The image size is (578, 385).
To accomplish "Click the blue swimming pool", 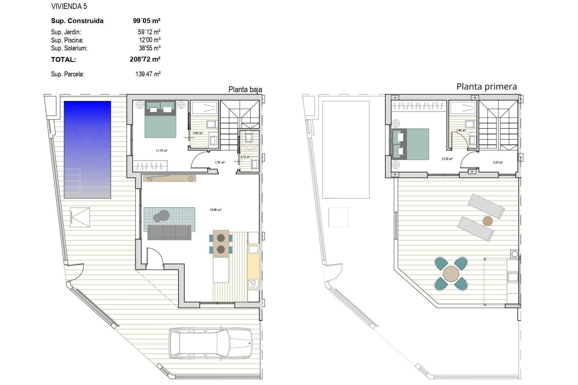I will tap(87, 149).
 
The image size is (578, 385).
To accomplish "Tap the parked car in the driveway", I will tap(210, 343).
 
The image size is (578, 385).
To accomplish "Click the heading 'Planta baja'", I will tap(245, 89).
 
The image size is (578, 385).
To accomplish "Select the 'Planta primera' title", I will tap(486, 87).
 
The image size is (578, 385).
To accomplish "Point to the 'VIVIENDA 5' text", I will tap(69, 6).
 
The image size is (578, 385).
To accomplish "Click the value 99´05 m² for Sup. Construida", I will tap(147, 21).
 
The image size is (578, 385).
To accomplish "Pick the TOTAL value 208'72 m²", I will tap(145, 59).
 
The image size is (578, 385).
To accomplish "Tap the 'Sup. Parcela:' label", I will tap(68, 74).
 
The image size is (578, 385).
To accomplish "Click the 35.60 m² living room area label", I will tap(216, 210).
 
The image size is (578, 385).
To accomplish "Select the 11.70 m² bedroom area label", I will tap(162, 151).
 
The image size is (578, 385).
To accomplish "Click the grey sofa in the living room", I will tap(169, 233).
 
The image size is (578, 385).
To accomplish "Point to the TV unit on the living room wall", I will tap(169, 178).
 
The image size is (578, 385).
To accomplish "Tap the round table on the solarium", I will tap(451, 274).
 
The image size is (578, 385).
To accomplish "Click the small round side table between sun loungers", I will tap(488, 221).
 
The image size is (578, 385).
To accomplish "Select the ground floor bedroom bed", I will tap(160, 119).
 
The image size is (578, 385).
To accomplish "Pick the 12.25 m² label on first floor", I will tap(447, 159).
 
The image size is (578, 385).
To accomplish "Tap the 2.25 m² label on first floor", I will tap(497, 162).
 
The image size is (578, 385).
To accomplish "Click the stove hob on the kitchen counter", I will tap(253, 284).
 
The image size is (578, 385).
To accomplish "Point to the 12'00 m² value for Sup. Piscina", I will tap(150, 40).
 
